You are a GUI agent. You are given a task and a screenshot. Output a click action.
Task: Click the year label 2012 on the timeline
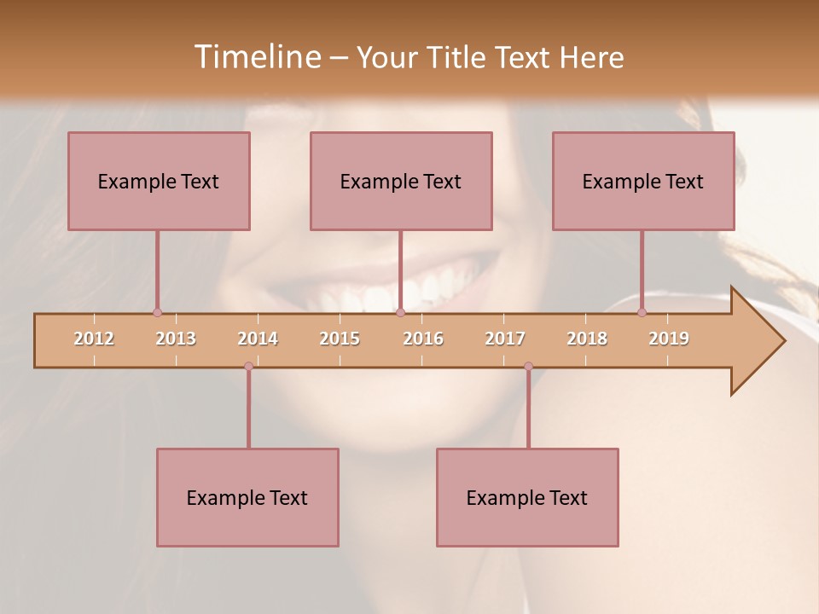94,339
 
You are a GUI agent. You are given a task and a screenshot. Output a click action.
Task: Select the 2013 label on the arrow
176,339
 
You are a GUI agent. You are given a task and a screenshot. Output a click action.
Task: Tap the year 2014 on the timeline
258,339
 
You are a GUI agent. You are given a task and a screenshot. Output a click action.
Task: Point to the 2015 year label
340,339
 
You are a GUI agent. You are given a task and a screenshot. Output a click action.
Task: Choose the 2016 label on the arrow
423,339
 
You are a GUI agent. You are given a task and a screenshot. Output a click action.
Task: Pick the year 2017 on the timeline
505,339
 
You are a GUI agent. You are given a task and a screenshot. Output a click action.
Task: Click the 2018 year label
587,339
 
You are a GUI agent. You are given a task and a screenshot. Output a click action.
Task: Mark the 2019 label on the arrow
669,339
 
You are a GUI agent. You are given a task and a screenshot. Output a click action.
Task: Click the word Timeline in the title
256,57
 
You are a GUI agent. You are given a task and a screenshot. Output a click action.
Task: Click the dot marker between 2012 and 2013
157,313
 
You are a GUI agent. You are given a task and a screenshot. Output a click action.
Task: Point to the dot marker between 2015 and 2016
400,313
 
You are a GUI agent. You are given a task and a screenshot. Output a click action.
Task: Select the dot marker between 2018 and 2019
642,313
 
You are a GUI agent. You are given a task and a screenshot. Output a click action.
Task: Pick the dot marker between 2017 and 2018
528,367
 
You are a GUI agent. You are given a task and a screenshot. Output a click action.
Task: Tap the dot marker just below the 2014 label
248,367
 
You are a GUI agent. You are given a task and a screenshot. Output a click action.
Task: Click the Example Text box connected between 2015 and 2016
401,181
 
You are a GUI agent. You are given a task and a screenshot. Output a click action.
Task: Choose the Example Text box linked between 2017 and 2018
527,497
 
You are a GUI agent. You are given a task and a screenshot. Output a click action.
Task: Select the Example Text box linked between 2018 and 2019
643,181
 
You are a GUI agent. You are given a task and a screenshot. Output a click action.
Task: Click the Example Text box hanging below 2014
247,497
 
